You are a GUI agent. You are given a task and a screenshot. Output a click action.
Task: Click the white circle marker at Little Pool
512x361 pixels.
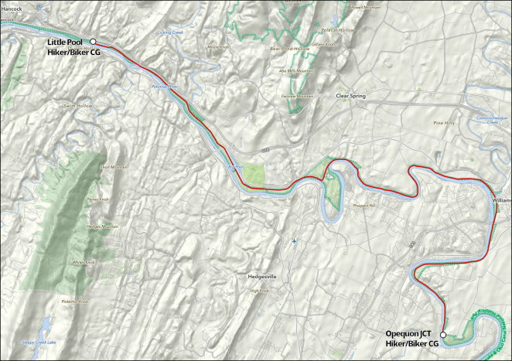pyautogui.click(x=93, y=42)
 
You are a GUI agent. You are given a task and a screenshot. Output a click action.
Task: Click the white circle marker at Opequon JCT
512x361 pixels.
pyautogui.click(x=443, y=335)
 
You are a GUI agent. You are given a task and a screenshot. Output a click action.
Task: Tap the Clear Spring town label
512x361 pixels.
pyautogui.click(x=350, y=97)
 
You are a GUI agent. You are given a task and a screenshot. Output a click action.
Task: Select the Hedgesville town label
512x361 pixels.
pyautogui.click(x=262, y=276)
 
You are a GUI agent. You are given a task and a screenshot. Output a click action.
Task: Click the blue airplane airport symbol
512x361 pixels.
pyautogui.click(x=295, y=241)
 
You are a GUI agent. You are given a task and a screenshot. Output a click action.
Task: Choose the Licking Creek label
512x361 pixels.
pyautogui.click(x=169, y=32)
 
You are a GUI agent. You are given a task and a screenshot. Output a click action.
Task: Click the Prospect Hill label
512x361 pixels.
pyautogui.click(x=361, y=206)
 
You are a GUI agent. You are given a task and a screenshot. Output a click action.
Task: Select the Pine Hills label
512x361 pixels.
pyautogui.click(x=444, y=122)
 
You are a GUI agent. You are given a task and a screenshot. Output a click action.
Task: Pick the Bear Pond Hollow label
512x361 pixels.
pyautogui.click(x=290, y=48)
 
